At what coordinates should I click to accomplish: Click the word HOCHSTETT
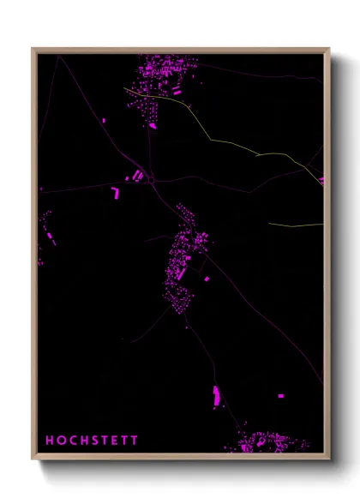point(92,441)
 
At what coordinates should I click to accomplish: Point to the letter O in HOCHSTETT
point(61,441)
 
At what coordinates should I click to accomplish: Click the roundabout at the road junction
point(151,180)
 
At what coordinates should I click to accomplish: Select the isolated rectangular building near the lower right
point(280,396)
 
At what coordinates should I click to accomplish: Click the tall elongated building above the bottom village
point(216,395)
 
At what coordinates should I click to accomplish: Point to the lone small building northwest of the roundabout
point(105,120)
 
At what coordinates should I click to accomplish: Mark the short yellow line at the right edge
point(296,225)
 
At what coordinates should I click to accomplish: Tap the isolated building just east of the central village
point(206,279)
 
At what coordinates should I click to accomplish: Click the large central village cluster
point(183,261)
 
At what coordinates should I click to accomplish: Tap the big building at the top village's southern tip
point(153,125)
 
